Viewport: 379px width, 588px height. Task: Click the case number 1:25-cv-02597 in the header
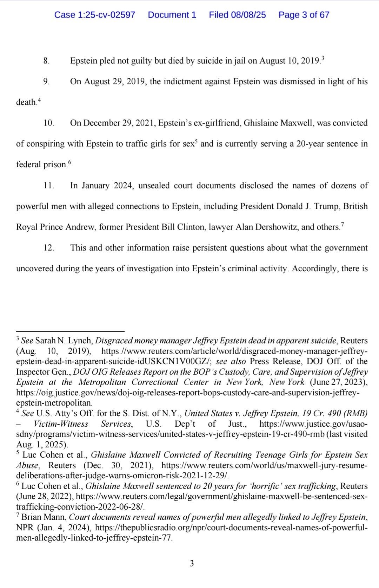pos(95,15)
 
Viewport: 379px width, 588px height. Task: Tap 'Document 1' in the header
pos(172,15)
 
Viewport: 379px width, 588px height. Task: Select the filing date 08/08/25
pos(237,15)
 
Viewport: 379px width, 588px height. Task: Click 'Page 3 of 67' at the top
pos(304,15)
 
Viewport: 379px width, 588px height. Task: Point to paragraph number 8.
pos(46,61)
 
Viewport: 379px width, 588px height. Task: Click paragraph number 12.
pos(48,248)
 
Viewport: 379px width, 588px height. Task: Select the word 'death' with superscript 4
pos(26,103)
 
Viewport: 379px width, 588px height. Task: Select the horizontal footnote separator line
pos(70,331)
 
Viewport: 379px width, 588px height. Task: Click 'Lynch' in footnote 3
pos(83,341)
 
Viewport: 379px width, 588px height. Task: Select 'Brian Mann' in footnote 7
pos(44,517)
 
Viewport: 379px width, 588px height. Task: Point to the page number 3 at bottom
pos(192,564)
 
